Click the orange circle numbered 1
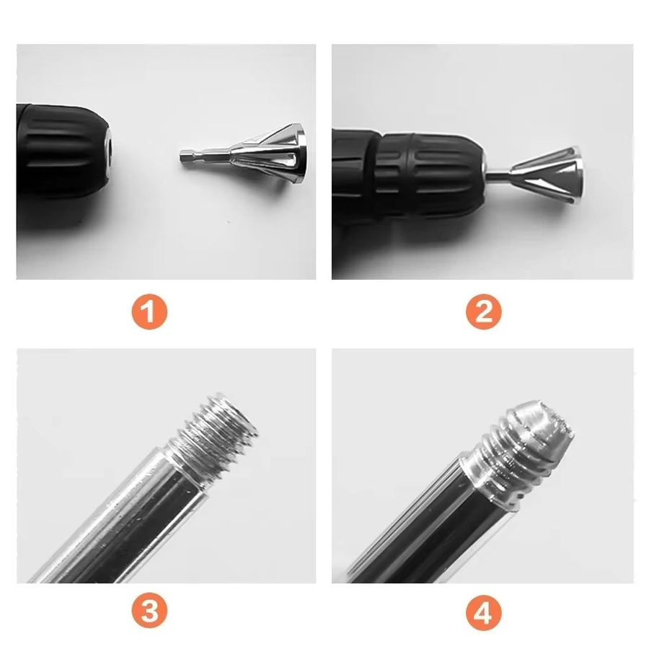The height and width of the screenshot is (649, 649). (149, 312)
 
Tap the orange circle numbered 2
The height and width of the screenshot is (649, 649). (483, 312)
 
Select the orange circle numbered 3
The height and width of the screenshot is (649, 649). (149, 611)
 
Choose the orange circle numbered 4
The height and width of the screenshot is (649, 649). (483, 612)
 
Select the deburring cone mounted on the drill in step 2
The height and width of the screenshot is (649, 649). (547, 175)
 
